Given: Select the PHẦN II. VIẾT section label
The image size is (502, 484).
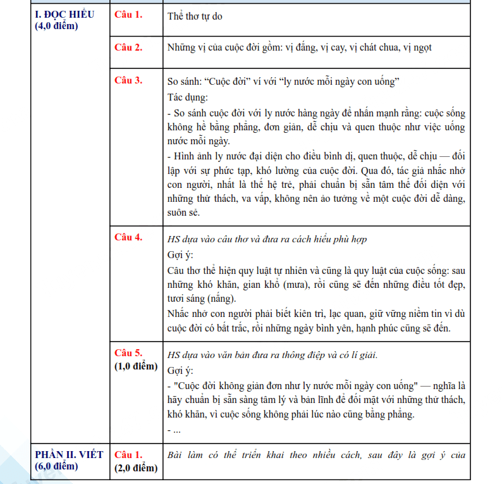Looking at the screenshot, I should (x=64, y=455).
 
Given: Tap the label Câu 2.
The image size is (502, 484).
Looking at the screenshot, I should (x=128, y=47).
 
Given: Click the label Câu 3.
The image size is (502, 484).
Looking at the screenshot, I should (x=128, y=80).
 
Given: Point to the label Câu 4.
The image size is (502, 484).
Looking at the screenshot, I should (x=128, y=237).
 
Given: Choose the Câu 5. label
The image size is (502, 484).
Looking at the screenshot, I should (x=128, y=353).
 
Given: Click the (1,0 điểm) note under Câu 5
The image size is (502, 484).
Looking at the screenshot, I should (x=135, y=366).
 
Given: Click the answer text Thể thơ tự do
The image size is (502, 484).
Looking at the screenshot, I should (x=195, y=16).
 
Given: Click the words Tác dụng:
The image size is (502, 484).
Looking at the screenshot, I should (x=187, y=97).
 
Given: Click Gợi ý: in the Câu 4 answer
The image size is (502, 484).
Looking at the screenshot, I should (x=180, y=255).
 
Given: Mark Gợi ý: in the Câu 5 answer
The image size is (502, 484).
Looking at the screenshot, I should (x=180, y=370).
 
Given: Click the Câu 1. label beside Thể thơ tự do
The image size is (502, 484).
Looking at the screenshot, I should (x=128, y=15).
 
